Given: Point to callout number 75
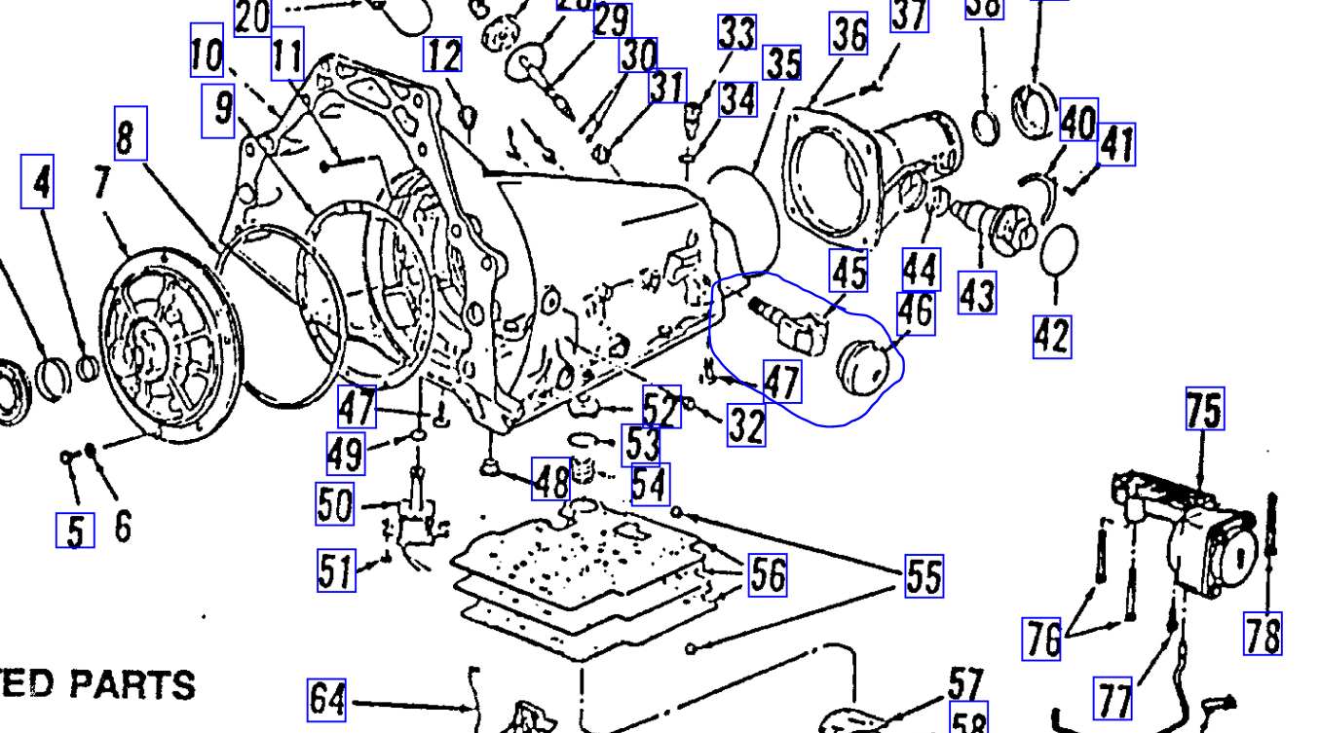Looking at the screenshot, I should coord(1204,409).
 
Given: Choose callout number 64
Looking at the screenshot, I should coord(326,699).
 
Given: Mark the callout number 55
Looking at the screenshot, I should coord(924,575).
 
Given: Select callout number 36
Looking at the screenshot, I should coord(849,34).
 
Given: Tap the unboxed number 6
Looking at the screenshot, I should coord(123,527).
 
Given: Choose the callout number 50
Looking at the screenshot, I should coord(335,504).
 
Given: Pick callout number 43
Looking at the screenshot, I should coord(977,292).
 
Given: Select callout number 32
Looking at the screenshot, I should coord(746,426).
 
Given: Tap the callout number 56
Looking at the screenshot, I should coord(767,574).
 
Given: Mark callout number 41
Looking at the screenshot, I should coord(1116,145).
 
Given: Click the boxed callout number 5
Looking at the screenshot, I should coord(75,531).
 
